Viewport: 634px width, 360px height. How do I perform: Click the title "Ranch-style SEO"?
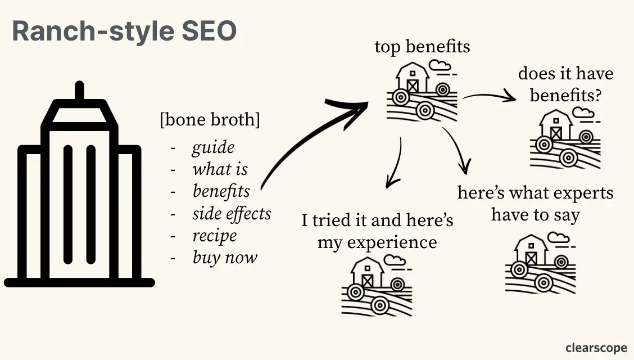[x=124, y=31]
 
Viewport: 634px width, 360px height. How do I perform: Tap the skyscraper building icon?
[x=79, y=191]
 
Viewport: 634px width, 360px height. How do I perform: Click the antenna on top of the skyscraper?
[x=79, y=92]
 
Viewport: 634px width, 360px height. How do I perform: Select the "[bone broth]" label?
[x=210, y=120]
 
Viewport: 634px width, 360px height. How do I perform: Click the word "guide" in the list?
[x=213, y=147]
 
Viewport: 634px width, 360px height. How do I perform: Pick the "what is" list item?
[x=220, y=169]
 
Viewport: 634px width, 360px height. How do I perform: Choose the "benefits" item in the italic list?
[x=221, y=191]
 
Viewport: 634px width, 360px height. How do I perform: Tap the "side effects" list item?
[x=232, y=214]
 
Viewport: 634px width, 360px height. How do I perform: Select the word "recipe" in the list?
[x=215, y=236]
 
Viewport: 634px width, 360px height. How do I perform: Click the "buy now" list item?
[x=225, y=258]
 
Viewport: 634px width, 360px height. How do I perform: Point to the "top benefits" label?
[x=422, y=47]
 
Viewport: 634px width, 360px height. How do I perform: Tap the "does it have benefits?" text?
[x=565, y=84]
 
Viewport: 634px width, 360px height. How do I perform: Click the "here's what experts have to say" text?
[x=535, y=204]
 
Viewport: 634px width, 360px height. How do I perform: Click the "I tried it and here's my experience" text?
[x=377, y=231]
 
